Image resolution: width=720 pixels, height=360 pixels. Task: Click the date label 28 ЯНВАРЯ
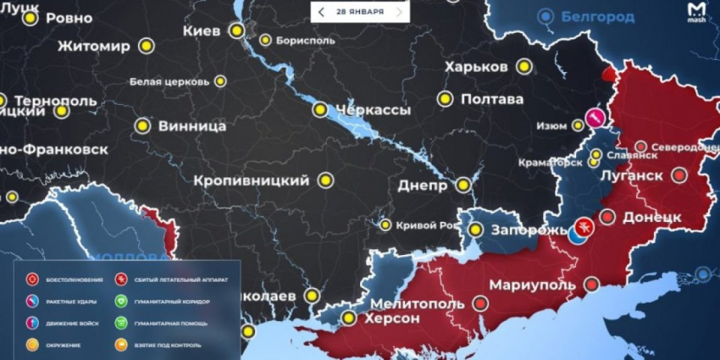pyautogui.click(x=359, y=12)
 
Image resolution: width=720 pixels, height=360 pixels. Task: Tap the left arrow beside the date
pyautogui.click(x=321, y=12)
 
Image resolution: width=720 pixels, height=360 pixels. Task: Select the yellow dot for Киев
pyautogui.click(x=236, y=30)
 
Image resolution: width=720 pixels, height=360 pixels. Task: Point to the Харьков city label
pyautogui.click(x=475, y=67)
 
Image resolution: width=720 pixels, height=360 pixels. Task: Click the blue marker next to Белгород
pyautogui.click(x=549, y=15)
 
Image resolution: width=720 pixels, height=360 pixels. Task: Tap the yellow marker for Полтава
pyautogui.click(x=445, y=98)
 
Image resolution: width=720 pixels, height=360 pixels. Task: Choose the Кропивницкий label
pyautogui.click(x=251, y=180)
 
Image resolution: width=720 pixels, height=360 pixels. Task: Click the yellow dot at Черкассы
pyautogui.click(x=320, y=109)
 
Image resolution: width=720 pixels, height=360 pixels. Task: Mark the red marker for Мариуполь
pyautogui.click(x=481, y=302)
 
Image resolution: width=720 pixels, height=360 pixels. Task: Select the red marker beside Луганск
pyautogui.click(x=679, y=175)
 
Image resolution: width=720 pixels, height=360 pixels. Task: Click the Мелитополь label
pyautogui.click(x=417, y=303)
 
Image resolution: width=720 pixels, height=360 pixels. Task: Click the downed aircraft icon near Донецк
pyautogui.click(x=583, y=227)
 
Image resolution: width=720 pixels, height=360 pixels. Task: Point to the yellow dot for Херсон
pyautogui.click(x=348, y=318)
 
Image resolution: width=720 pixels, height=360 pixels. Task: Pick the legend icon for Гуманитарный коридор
pyautogui.click(x=121, y=301)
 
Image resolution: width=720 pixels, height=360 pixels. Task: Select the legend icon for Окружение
pyautogui.click(x=32, y=344)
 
